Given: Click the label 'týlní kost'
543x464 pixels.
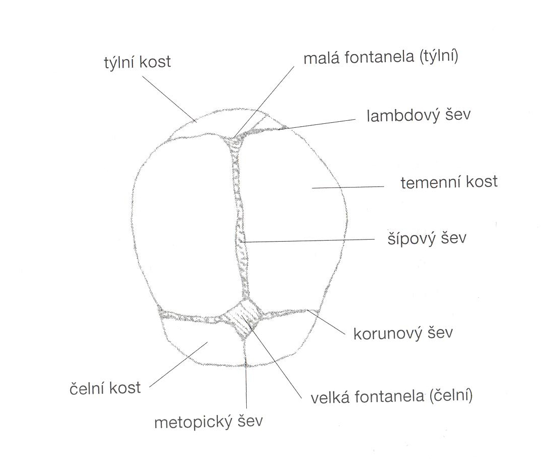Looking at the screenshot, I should click(x=136, y=62).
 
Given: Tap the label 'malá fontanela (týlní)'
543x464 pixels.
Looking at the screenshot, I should click(x=381, y=58).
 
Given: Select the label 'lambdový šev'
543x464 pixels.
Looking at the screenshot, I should click(x=419, y=115).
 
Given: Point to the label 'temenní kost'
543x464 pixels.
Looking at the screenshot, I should click(x=449, y=182).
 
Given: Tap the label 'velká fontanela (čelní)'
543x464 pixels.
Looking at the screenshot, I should click(x=392, y=396).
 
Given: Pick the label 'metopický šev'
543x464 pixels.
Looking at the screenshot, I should click(x=208, y=422).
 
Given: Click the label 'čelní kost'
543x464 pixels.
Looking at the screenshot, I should click(x=105, y=388).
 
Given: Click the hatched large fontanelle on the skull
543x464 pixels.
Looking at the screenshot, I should click(x=244, y=317).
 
